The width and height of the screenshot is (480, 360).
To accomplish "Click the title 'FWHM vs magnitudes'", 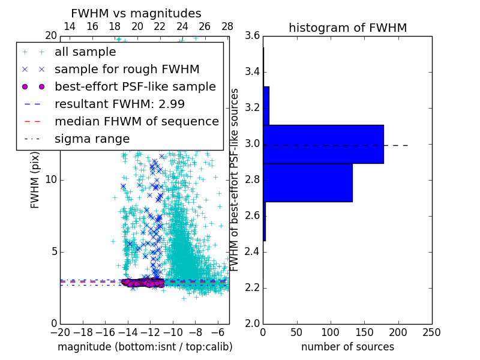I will click(x=136, y=14).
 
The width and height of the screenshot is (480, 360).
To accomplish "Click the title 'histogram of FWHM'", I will click(x=347, y=28).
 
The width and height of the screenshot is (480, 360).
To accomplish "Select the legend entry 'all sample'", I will click(x=85, y=52).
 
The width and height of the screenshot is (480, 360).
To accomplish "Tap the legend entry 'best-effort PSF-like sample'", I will click(x=135, y=86).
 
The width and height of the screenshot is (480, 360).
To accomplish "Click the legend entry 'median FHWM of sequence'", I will click(x=137, y=121).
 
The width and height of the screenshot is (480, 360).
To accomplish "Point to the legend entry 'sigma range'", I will click(x=92, y=139).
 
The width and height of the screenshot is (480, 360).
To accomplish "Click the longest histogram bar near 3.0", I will click(x=323, y=144).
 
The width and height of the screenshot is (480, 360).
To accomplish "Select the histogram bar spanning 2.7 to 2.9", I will click(x=307, y=182).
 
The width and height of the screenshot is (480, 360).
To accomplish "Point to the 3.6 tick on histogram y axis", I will click(x=253, y=36).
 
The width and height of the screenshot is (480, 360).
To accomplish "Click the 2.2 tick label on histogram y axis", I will click(x=253, y=287).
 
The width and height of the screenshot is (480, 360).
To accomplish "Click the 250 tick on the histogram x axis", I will click(x=431, y=332).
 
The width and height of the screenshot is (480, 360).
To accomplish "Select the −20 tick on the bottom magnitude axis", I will click(x=60, y=332).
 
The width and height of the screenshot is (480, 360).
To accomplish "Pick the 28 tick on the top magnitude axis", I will click(x=227, y=26).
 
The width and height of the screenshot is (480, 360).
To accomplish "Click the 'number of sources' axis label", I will click(x=347, y=347).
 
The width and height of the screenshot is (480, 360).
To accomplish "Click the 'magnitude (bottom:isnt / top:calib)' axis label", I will click(x=145, y=347).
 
